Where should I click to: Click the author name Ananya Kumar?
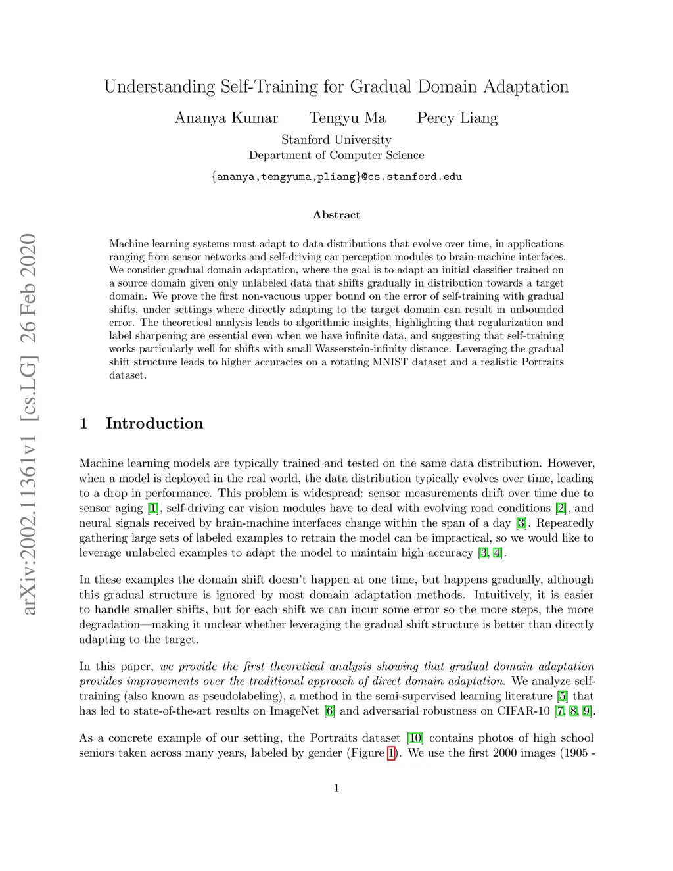(226, 118)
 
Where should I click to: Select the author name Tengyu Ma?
(347, 118)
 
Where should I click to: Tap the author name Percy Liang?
(457, 118)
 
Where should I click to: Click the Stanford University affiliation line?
(336, 140)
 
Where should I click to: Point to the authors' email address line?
(336, 176)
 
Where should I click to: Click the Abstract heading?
(336, 215)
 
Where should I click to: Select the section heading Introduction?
(154, 423)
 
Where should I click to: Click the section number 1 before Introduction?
(83, 423)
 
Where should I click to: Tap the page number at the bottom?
(336, 788)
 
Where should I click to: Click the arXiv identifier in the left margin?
(28, 424)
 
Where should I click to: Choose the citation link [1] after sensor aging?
(153, 508)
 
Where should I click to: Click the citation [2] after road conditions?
(561, 508)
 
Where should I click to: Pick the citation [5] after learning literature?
(563, 696)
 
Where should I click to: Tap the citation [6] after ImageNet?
(329, 711)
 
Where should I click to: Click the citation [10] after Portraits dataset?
(415, 738)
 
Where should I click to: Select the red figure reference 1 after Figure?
(392, 753)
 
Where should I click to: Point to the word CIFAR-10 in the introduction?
(523, 711)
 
